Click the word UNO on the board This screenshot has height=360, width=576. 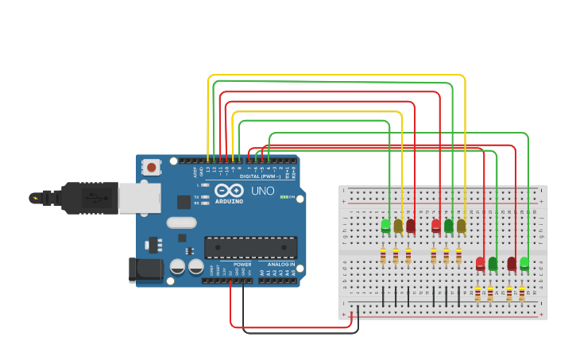263,192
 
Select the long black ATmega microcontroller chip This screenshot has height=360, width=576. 250,247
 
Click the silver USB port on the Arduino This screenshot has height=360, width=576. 139,198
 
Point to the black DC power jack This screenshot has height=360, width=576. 145,269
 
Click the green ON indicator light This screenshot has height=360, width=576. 283,197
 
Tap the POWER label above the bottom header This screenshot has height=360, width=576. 242,264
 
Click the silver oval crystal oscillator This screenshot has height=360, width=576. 181,223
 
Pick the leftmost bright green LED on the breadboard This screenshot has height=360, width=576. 386,226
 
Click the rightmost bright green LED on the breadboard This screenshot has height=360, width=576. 524,262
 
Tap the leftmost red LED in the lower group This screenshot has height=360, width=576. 480,263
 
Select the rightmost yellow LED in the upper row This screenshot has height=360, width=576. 461,226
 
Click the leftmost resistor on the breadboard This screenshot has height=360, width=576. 383,256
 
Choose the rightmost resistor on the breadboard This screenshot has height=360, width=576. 522,293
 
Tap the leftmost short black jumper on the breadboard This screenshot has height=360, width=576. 384,296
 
